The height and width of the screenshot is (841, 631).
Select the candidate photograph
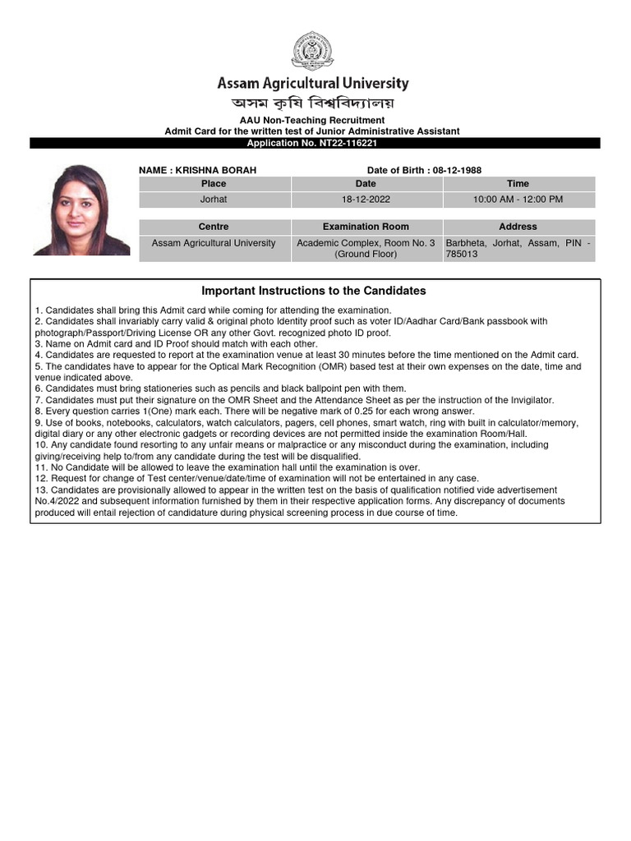coord(80,209)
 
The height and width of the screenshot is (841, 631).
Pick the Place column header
coord(214,184)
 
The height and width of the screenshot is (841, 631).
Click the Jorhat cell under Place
coord(214,200)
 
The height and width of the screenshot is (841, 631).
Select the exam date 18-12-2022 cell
coord(366,200)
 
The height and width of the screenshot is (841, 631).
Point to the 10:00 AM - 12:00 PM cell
coord(518,200)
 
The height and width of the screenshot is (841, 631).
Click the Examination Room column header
coord(366,227)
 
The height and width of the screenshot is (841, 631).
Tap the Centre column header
coord(214,227)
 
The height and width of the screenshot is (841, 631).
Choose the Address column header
coord(518,227)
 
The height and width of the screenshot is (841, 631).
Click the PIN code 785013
coord(460,255)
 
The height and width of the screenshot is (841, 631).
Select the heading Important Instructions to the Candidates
coord(314,291)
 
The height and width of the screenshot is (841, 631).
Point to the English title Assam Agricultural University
coord(312,83)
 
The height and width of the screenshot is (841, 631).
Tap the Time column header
coord(518,184)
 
